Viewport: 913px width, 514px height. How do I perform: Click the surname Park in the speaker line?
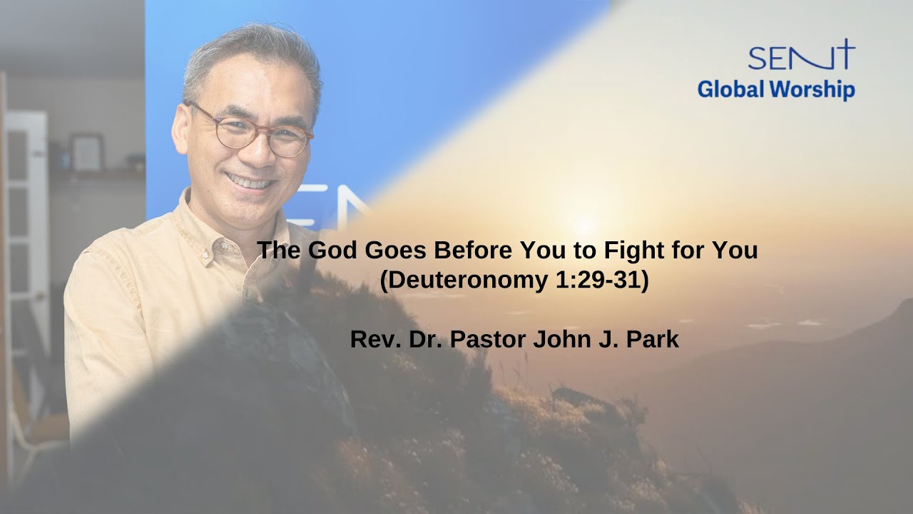(652, 339)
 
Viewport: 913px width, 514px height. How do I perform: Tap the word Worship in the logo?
(812, 90)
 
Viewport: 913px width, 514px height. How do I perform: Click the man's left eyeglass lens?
(290, 141)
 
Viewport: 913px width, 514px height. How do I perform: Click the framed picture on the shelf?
(86, 151)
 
